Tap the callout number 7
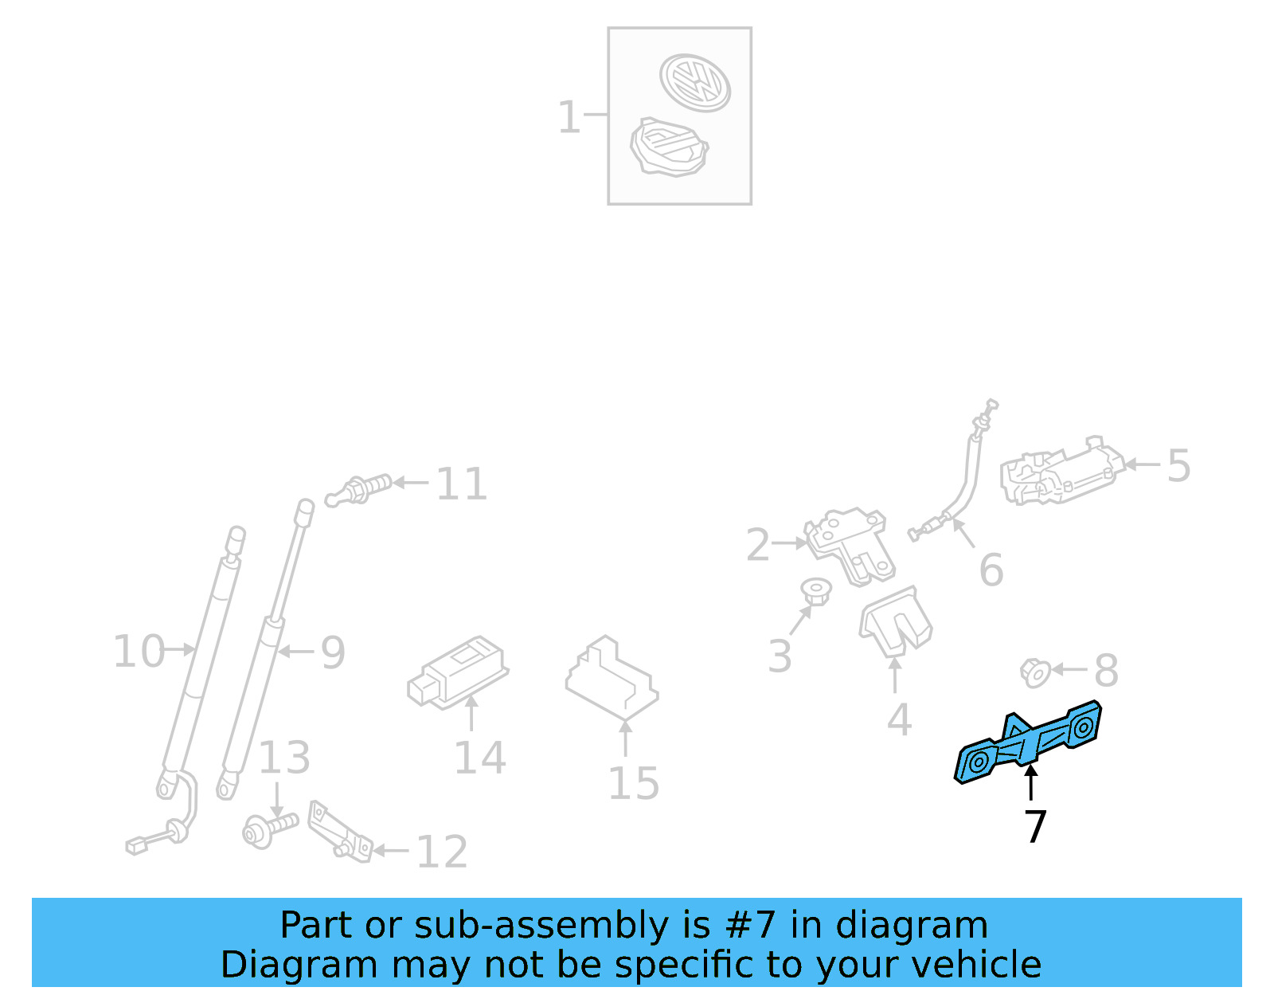click(1034, 827)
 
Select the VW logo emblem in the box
click(694, 81)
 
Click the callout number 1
click(569, 117)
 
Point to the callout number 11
click(461, 484)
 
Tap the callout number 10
click(138, 652)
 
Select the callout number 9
click(333, 653)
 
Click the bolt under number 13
click(269, 829)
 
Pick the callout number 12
click(442, 852)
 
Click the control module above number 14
click(458, 671)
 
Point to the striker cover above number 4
click(895, 622)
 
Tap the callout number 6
click(991, 570)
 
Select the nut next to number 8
click(1034, 673)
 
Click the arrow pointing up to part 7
click(1031, 782)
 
